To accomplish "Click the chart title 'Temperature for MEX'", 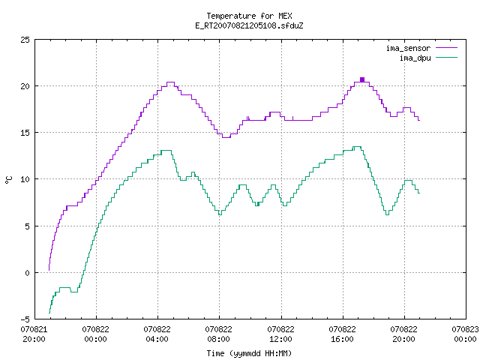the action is tap(249, 16).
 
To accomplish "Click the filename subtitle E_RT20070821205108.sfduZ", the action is tap(249, 25).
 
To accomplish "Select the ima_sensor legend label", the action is tap(408, 48).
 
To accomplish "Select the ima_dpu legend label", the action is tap(415, 58).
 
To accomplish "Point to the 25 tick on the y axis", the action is tap(25, 40).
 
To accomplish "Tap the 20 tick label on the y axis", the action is tap(25, 86).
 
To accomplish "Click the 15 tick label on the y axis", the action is tap(25, 133).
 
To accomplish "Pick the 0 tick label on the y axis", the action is tap(27, 273).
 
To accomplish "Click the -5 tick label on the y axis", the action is tap(25, 319).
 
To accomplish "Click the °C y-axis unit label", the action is tap(9, 180).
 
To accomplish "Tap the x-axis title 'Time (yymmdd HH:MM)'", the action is tap(249, 353).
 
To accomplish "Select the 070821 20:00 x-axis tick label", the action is tap(34, 334).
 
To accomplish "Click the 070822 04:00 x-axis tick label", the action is tap(157, 334).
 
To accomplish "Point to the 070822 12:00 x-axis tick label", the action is tap(280, 334).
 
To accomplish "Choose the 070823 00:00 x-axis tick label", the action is tap(465, 334).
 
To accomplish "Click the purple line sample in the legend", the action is tap(447, 48).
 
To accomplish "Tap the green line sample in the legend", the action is tap(447, 57).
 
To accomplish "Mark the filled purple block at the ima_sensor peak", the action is tap(362, 80).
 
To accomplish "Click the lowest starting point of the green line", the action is tap(49, 313).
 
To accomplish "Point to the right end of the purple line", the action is tap(419, 120).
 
